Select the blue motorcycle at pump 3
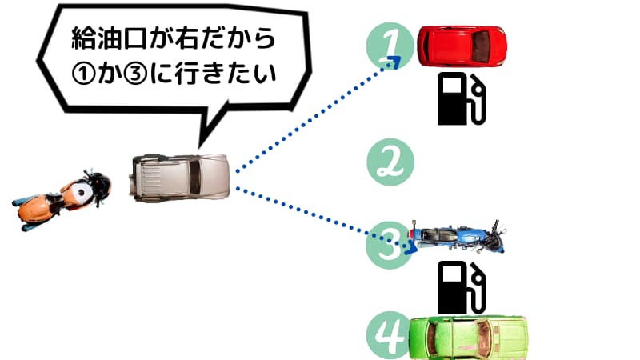click(x=456, y=237)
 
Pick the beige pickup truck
click(x=183, y=176)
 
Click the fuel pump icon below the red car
click(x=462, y=99)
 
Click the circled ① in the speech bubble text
click(x=83, y=74)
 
